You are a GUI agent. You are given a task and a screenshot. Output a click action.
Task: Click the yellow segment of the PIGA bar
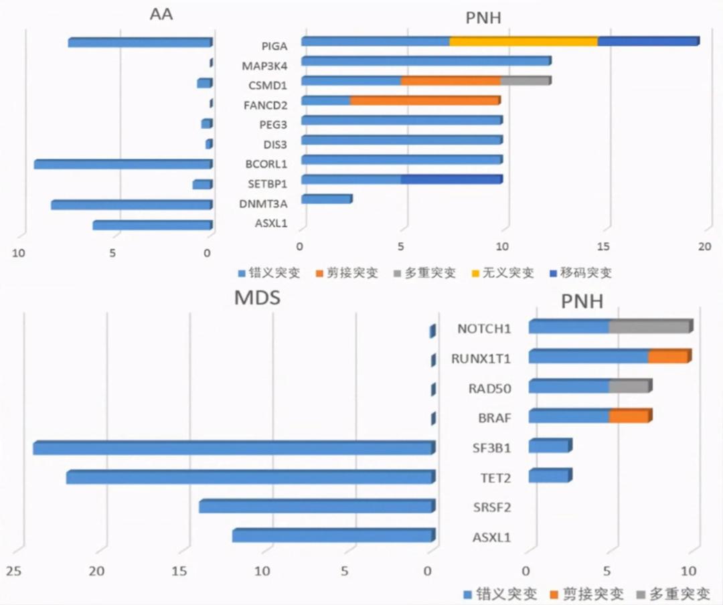[x=523, y=41]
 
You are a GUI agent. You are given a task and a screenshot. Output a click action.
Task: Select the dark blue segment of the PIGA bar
[x=647, y=41]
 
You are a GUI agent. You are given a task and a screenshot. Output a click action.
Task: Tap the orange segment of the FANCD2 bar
[x=424, y=100]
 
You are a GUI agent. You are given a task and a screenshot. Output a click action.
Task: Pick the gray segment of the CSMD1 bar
[x=525, y=81]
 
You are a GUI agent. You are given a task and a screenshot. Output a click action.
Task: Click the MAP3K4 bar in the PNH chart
[x=426, y=62]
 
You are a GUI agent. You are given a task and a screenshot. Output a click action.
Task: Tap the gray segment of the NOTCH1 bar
[x=649, y=327]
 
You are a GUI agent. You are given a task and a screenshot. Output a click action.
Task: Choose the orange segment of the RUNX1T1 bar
[x=668, y=357]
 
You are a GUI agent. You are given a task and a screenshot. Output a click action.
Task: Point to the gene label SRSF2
[x=493, y=507]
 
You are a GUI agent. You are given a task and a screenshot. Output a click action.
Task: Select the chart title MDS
[x=256, y=298]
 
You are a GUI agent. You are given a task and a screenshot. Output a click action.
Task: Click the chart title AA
[x=161, y=13]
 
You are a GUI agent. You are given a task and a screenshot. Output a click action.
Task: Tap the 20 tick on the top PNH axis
[x=704, y=246]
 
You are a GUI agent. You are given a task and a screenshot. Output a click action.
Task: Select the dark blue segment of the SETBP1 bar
[x=451, y=179]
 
